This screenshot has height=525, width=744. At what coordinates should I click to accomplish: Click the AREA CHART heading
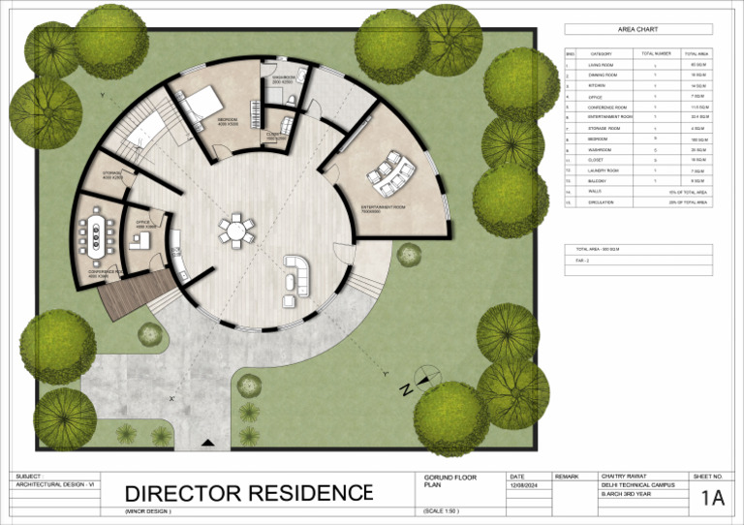pos(637,30)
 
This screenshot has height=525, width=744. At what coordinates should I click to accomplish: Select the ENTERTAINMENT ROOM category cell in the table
pos(609,116)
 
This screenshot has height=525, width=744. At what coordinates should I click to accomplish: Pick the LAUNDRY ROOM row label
pos(603,170)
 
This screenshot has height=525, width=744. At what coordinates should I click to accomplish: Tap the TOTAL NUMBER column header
pos(656,53)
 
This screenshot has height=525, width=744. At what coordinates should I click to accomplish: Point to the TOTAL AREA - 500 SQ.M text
pos(598,250)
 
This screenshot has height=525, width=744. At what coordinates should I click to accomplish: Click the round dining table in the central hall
pos(236,230)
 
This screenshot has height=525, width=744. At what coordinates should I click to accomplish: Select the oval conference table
pos(96,235)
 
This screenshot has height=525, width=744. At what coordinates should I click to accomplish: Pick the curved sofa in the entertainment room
pos(390,170)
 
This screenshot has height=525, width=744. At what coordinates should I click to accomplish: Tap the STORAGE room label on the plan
pos(111,174)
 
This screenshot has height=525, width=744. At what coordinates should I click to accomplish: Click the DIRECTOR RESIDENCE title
pos(248,494)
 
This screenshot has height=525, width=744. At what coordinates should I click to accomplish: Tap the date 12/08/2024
pos(522,486)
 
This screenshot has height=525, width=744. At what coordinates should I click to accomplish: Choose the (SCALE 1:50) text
pos(441,510)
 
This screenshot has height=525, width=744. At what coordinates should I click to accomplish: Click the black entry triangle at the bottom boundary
pos(207,443)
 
